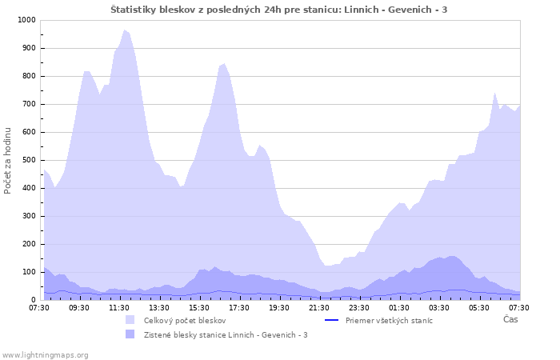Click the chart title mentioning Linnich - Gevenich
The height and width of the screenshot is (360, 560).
(279, 9)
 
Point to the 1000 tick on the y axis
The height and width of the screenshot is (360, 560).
(26, 20)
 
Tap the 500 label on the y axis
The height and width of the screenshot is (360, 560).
(28, 160)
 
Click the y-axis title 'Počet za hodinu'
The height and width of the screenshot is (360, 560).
(8, 160)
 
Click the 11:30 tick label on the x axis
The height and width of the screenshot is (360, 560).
(119, 307)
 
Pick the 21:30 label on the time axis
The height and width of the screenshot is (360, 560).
(319, 307)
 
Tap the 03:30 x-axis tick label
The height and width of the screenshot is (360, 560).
(439, 307)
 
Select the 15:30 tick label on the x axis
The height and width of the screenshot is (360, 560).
(199, 307)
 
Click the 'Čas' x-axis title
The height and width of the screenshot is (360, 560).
(510, 319)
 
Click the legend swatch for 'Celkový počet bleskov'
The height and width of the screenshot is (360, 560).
(130, 320)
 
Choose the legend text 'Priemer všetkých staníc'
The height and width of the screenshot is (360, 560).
(389, 320)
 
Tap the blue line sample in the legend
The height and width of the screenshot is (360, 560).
(332, 320)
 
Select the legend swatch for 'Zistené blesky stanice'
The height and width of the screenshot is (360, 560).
(130, 334)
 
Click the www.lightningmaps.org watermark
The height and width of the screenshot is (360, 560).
(46, 354)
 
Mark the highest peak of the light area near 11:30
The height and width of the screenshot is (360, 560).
(124, 30)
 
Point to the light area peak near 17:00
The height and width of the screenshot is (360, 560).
(224, 64)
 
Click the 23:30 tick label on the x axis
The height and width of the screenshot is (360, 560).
(359, 307)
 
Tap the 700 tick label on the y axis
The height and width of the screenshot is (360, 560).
(28, 104)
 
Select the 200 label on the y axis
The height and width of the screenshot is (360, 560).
(28, 244)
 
